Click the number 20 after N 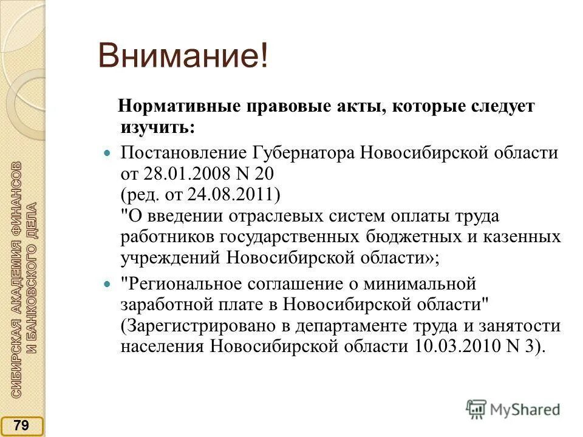[263, 174]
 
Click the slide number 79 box [22, 425]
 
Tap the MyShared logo [513, 408]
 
